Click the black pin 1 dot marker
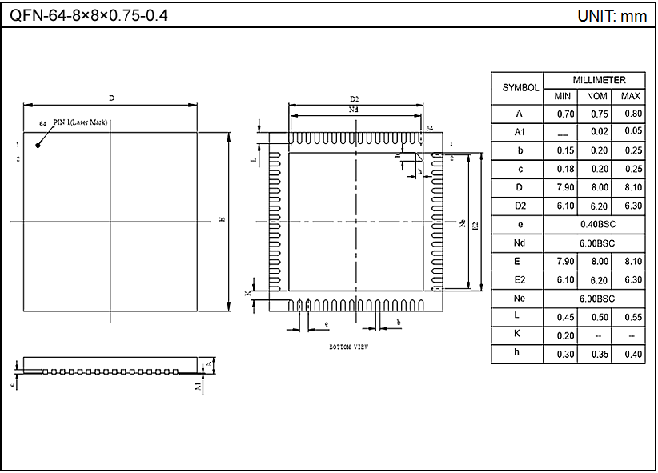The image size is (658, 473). point(38,145)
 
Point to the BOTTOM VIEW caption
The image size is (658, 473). point(349,347)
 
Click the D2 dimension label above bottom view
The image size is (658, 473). point(354,98)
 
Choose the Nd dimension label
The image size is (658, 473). point(354,109)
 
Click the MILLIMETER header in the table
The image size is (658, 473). point(598,80)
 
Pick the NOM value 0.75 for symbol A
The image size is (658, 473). point(597,114)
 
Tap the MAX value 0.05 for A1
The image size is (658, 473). point(632,132)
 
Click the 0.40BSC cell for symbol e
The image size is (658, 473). point(597,224)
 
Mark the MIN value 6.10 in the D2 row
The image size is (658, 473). point(565,206)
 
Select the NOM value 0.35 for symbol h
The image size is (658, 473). point(597,354)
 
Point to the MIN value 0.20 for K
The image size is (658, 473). point(565,335)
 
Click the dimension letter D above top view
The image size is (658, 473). point(112,98)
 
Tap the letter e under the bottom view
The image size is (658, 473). point(326,324)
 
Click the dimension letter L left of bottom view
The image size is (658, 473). point(254,160)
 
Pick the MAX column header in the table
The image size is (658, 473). point(632,96)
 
